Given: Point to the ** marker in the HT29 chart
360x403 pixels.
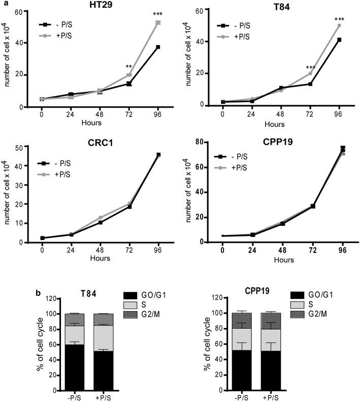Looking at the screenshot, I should click(x=129, y=66).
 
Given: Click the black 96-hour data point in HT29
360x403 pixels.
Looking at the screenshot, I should click(x=158, y=47).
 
